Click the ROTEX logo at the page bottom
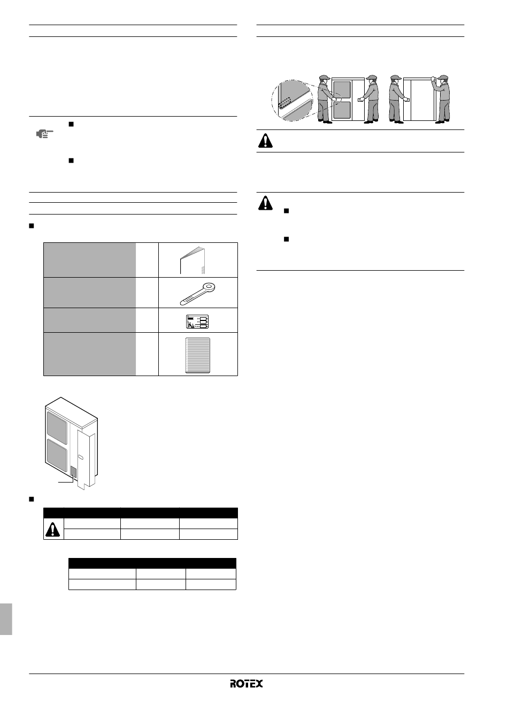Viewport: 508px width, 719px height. pyautogui.click(x=246, y=683)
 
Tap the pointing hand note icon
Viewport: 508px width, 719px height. pyautogui.click(x=44, y=134)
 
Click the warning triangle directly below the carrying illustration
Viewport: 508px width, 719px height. pyautogui.click(x=265, y=141)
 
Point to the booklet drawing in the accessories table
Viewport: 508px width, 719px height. pyautogui.click(x=193, y=261)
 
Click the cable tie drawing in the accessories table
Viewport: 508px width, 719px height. pyautogui.click(x=197, y=293)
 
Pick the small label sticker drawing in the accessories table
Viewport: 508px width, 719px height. pyautogui.click(x=197, y=322)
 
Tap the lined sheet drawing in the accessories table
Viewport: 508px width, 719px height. pyautogui.click(x=198, y=355)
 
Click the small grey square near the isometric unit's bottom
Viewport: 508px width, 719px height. pyautogui.click(x=73, y=471)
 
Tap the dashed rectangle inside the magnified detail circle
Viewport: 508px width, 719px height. pyautogui.click(x=284, y=103)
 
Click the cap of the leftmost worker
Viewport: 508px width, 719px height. pyautogui.click(x=325, y=78)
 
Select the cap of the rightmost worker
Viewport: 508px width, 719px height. pyautogui.click(x=443, y=78)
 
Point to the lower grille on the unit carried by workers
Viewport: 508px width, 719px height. pyautogui.click(x=342, y=110)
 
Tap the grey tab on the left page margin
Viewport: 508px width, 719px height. pyautogui.click(x=6, y=619)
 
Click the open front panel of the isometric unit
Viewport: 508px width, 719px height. pyautogui.click(x=86, y=460)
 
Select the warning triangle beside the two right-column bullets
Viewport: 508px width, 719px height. pyautogui.click(x=265, y=203)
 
